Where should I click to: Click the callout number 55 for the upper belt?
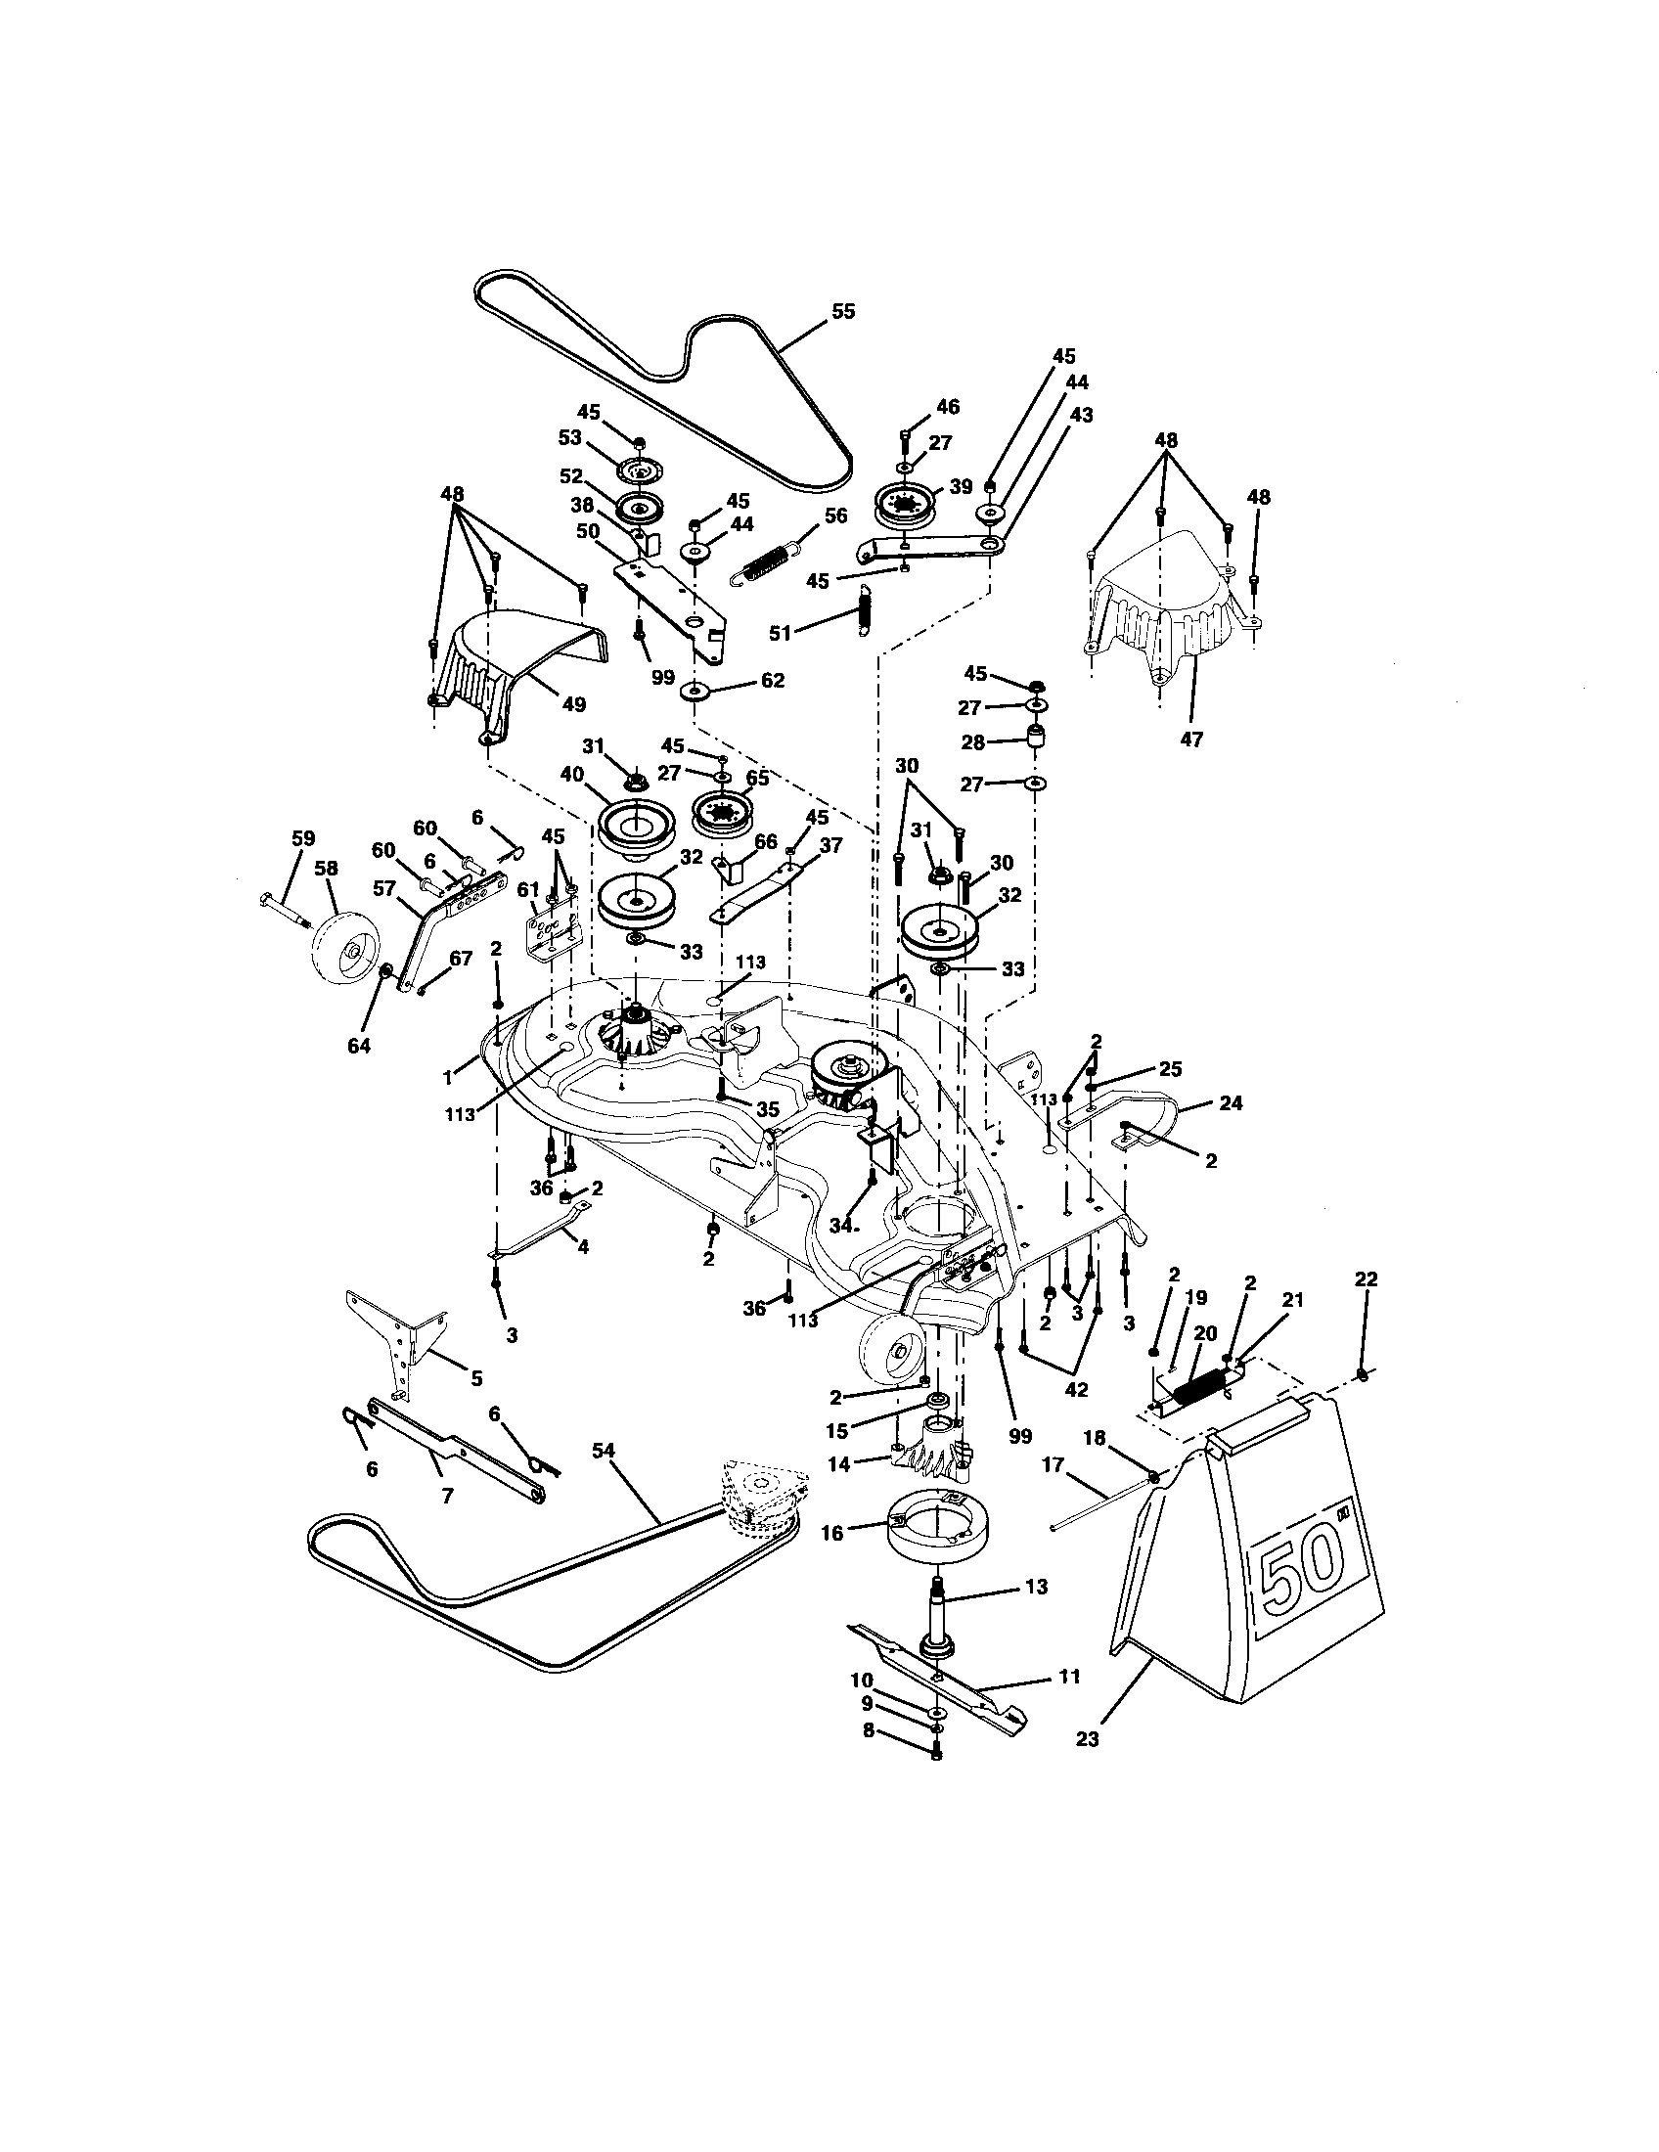[843, 311]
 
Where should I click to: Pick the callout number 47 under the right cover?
[1191, 739]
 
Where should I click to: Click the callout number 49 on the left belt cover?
[573, 704]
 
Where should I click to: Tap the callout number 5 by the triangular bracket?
[475, 1378]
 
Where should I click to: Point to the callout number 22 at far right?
[1366, 1279]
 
